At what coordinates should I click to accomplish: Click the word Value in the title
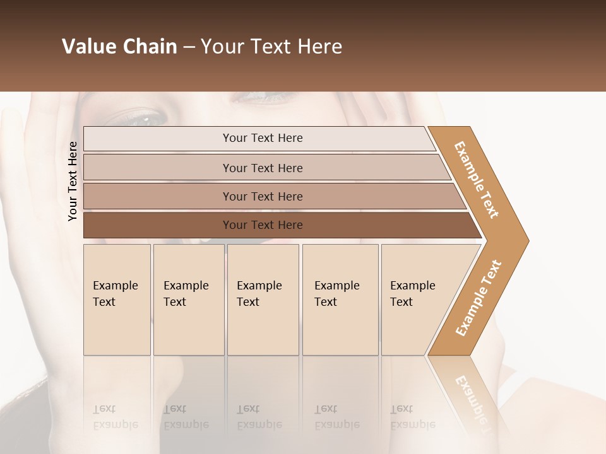(x=86, y=47)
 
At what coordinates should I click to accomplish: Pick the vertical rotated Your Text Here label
(x=73, y=182)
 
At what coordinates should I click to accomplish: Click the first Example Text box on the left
(x=117, y=299)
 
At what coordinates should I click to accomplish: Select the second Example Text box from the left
(x=189, y=299)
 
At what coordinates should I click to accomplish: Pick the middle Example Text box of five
(x=263, y=299)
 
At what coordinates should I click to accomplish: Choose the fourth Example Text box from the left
(x=340, y=299)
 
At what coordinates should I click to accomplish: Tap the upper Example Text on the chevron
(x=477, y=180)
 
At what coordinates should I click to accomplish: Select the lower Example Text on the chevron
(x=478, y=298)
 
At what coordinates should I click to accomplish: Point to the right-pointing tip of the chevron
(x=525, y=241)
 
